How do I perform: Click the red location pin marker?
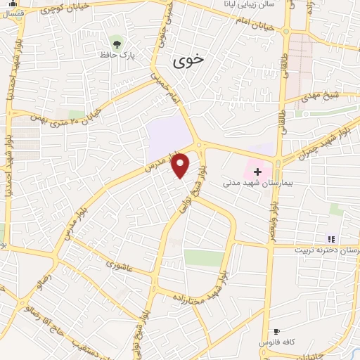click(181, 165)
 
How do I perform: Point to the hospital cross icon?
click(257, 171)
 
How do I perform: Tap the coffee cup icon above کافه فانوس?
click(276, 331)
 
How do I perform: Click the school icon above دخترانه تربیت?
click(331, 239)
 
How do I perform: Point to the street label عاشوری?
click(120, 266)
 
